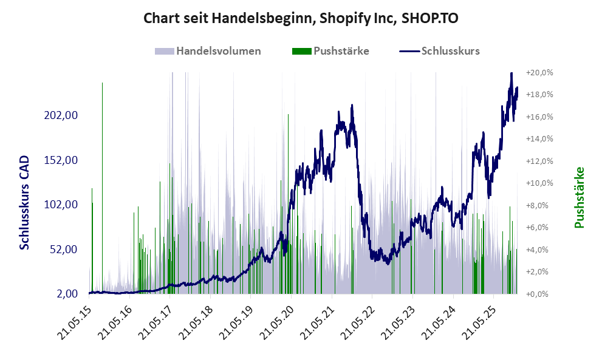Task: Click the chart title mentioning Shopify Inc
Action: click(x=301, y=18)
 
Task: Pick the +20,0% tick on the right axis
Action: click(x=538, y=72)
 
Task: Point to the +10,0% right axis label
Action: click(x=538, y=183)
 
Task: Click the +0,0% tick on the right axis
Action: click(x=539, y=294)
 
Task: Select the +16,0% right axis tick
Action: click(x=538, y=117)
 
